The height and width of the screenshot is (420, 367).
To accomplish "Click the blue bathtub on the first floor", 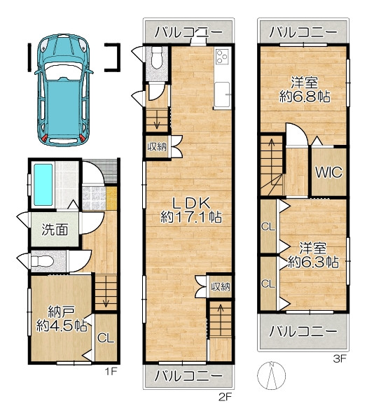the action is coord(43,185).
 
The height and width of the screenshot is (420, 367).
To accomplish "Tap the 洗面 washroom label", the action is coord(55,230).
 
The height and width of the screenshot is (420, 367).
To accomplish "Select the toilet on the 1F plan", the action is coord(42,261).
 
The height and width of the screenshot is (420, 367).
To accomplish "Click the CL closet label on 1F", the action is coord(106,338).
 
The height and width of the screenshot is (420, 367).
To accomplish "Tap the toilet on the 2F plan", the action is coord(157,58).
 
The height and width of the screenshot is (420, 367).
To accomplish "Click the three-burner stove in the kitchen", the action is coord(222,57).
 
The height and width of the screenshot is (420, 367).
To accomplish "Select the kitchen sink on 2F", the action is coord(222,94).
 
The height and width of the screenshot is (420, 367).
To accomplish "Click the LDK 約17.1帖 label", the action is coord(191,210).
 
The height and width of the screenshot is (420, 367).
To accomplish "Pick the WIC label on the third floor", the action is coord(328,172).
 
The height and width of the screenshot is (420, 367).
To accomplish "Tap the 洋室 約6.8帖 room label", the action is coord(305,90).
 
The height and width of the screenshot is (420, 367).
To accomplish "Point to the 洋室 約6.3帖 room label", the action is coord(313,255).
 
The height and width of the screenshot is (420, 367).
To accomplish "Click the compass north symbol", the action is coord(271,375).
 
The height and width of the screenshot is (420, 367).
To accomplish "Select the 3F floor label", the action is coord(340,358).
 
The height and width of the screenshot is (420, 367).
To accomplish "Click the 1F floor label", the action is coord(111,371).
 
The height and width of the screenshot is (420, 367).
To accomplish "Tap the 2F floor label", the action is coord(225,396).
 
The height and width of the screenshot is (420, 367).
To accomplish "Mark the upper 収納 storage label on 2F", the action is coord(157,147).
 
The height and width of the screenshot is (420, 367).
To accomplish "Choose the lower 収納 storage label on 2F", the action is coord(221,287).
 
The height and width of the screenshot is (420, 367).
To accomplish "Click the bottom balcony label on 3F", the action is coord(303,332).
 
